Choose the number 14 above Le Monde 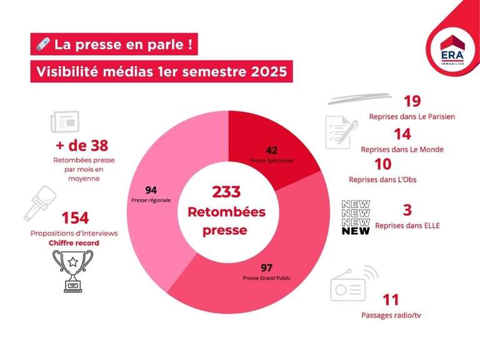(402, 134)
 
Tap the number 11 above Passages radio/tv (390, 299)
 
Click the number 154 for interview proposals (74, 218)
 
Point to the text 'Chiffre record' (74, 243)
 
